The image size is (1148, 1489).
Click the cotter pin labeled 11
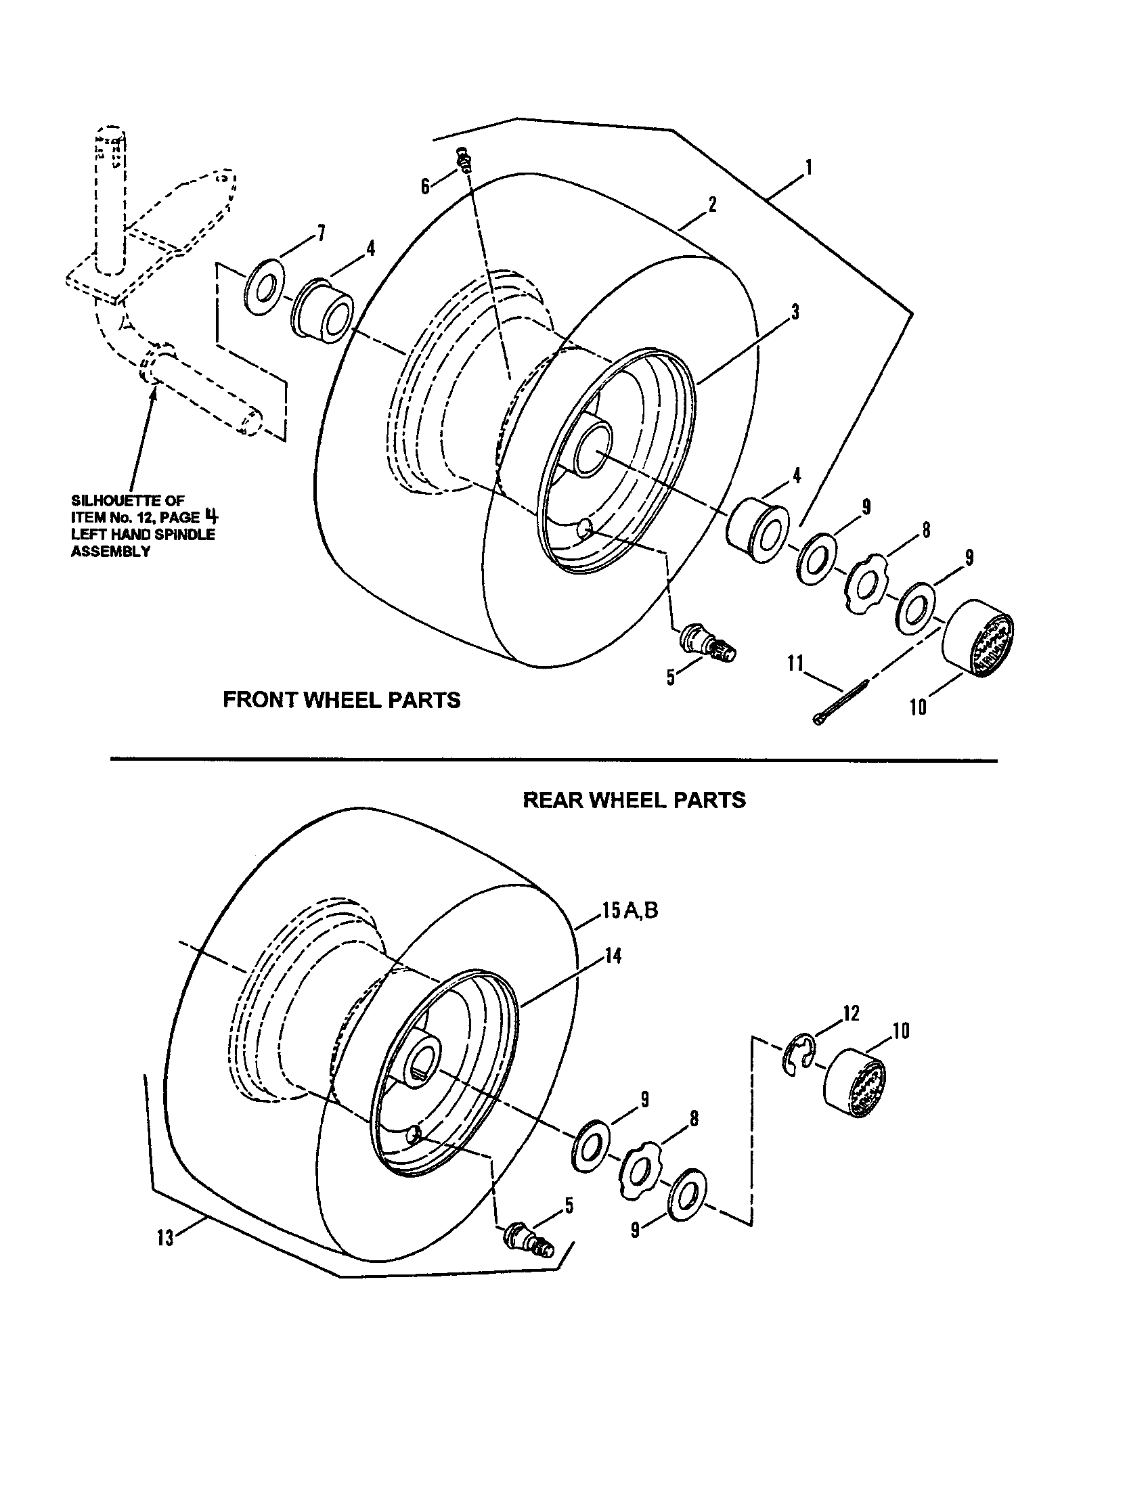pyautogui.click(x=840, y=703)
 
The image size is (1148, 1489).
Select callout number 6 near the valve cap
pyautogui.click(x=425, y=186)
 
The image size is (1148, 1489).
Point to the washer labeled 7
pyautogui.click(x=265, y=286)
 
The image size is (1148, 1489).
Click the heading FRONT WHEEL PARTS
pyautogui.click(x=342, y=700)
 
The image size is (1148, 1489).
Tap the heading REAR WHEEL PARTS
pyautogui.click(x=634, y=800)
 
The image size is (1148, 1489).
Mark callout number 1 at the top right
pyautogui.click(x=808, y=168)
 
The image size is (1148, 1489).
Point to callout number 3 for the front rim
pyautogui.click(x=795, y=312)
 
